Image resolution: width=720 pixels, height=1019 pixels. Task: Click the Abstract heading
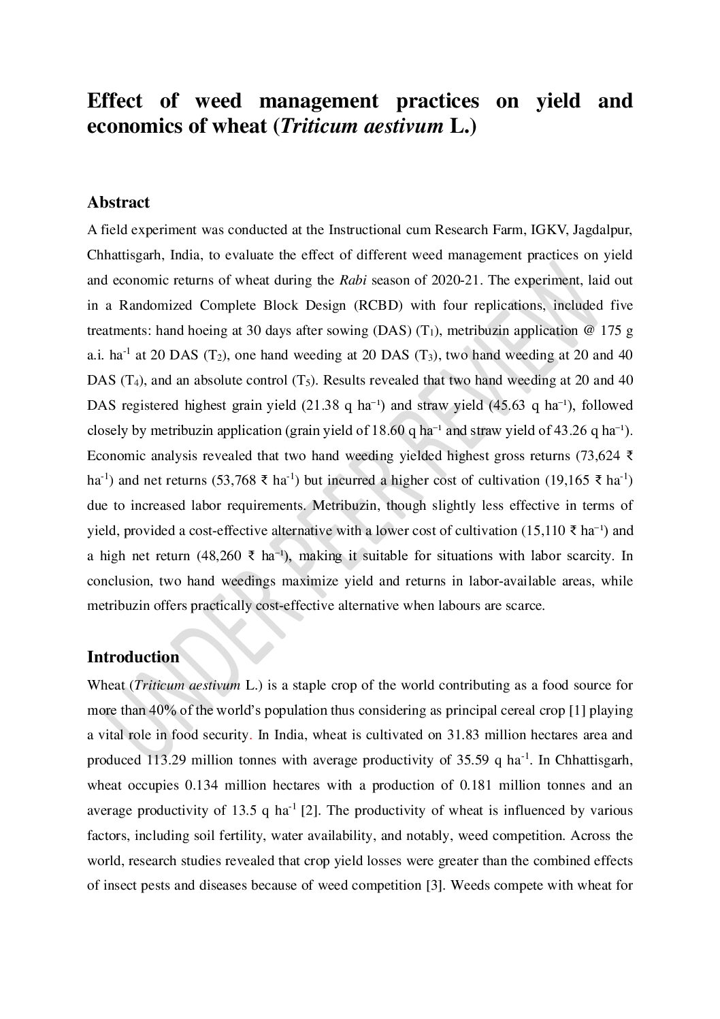(x=118, y=203)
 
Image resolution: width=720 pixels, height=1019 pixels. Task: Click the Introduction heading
(x=133, y=657)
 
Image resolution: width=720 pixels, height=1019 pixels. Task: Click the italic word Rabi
(x=353, y=280)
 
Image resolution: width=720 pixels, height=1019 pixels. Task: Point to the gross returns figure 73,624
(x=599, y=455)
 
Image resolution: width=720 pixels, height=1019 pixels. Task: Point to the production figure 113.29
(x=168, y=760)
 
